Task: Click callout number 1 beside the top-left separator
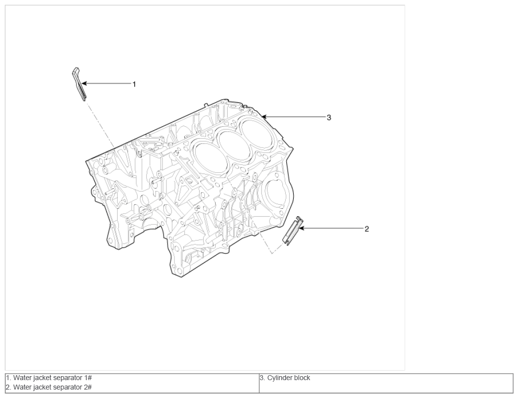click(x=134, y=84)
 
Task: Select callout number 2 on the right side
click(x=366, y=229)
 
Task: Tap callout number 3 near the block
click(x=329, y=117)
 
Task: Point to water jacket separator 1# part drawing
click(x=79, y=84)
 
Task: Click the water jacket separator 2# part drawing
click(x=293, y=231)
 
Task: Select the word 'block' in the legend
click(x=302, y=378)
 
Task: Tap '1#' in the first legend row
click(x=87, y=378)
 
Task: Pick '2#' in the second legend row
click(x=87, y=387)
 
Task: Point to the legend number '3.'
click(x=262, y=378)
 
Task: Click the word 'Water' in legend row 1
click(x=21, y=378)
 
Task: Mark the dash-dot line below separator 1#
click(x=100, y=125)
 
